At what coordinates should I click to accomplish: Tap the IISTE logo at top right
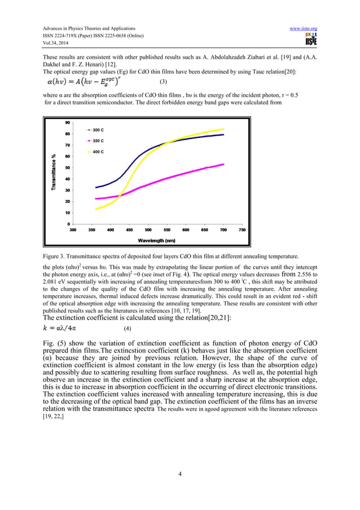tap(310, 40)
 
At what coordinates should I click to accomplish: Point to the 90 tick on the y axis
tap(68, 123)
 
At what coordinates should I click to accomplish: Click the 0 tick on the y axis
tap(69, 224)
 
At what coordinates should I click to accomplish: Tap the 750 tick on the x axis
tap(242, 230)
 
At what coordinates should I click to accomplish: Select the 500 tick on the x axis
tap(148, 230)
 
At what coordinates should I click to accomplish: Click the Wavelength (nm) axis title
tap(157, 241)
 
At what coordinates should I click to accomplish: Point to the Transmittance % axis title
tap(55, 173)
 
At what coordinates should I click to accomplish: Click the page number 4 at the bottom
tap(179, 473)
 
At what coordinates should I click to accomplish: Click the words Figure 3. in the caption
tap(54, 257)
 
